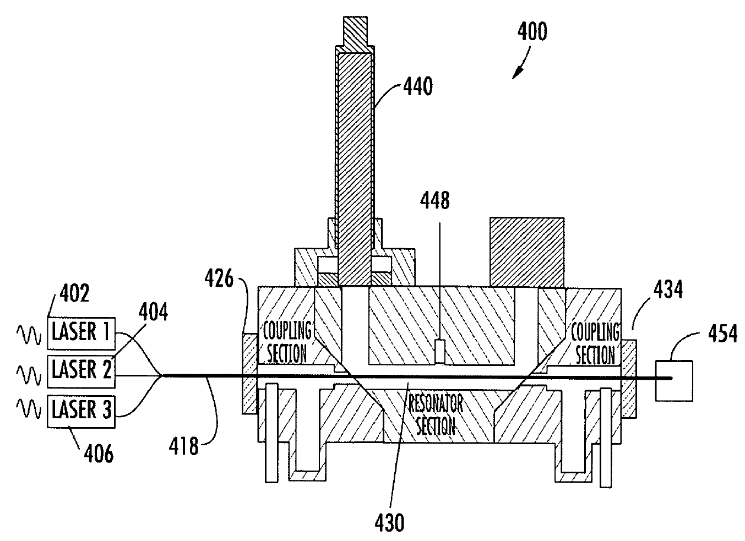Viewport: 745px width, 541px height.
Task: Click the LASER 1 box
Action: (81, 333)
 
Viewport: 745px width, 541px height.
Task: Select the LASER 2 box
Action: (81, 371)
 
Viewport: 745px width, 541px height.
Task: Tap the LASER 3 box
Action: (81, 411)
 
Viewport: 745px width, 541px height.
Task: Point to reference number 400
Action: (532, 32)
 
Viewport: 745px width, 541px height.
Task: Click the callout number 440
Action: (418, 86)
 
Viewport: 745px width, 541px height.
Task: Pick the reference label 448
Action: (434, 200)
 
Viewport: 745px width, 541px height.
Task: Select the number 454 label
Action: (722, 334)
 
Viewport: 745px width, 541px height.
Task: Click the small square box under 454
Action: (674, 381)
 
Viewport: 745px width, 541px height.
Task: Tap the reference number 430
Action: (389, 523)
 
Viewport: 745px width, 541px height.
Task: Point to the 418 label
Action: (183, 446)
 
